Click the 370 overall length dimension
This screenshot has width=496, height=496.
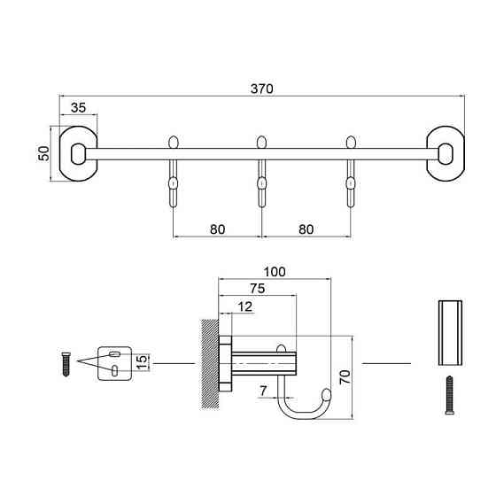(x=261, y=89)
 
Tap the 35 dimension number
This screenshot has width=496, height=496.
(x=78, y=108)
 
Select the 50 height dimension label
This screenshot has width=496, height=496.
(x=44, y=153)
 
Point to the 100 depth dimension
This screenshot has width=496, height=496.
(x=275, y=272)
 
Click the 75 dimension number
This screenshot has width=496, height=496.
(x=258, y=289)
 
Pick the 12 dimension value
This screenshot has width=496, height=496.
(x=244, y=306)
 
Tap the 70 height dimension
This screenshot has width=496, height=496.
(x=345, y=376)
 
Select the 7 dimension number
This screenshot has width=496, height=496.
(x=263, y=391)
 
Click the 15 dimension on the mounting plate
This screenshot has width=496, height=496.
(x=143, y=362)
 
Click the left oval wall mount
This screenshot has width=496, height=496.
(x=79, y=154)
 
